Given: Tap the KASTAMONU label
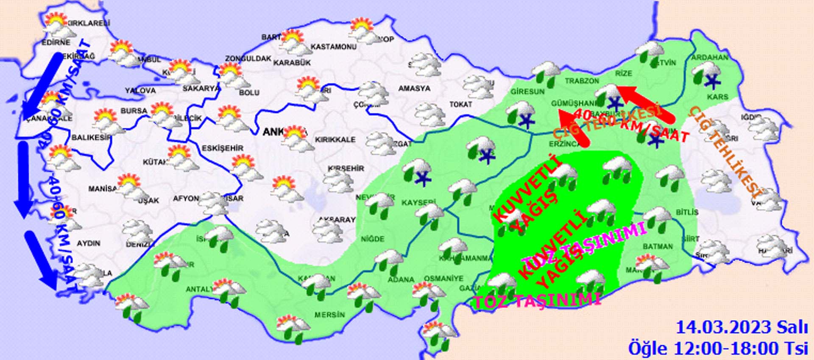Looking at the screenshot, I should coord(333,47).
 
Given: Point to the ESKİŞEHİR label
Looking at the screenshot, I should coord(223,148).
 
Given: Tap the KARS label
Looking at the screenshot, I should coord(717,97).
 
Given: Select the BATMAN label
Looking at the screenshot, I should coord(657,246).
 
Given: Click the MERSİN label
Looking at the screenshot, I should coord(329,315).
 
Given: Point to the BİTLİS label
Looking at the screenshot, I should coord(686,212).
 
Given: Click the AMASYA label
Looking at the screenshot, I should coord(414,89).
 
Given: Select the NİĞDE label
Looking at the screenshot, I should coord(372,239).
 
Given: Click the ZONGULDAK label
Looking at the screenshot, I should coord(248,59).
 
